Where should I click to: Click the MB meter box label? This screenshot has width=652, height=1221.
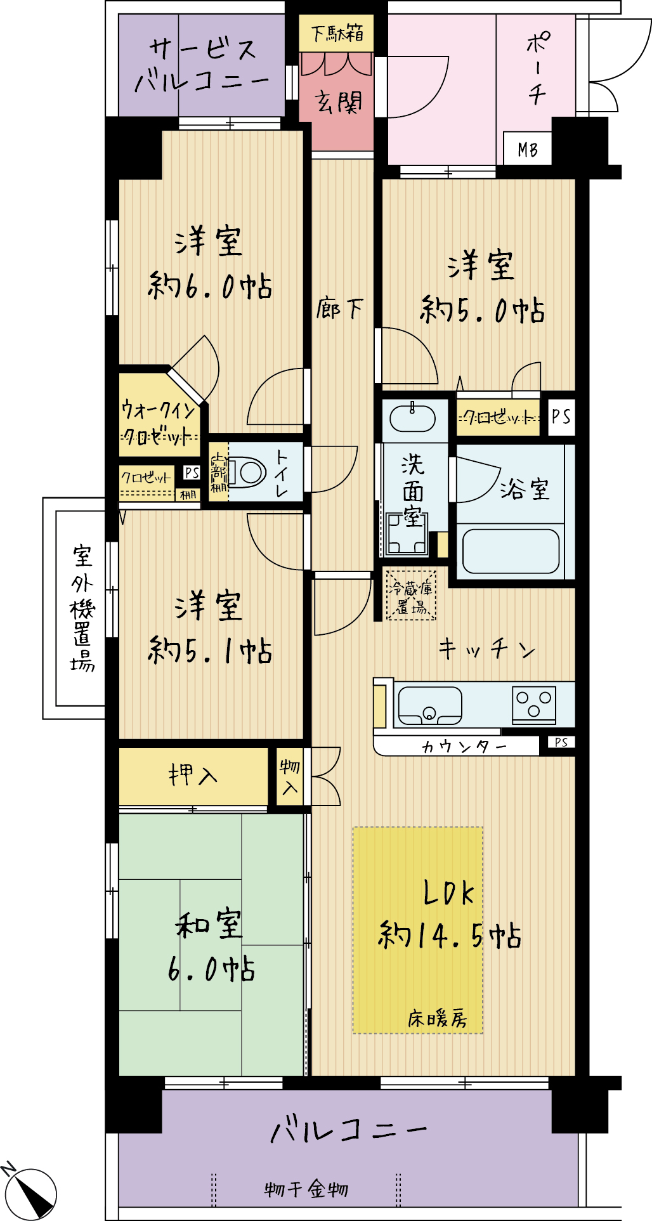(528, 150)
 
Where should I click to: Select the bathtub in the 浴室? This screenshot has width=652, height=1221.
(511, 551)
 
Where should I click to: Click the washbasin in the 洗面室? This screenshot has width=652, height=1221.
(412, 418)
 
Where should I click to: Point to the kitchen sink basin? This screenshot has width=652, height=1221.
(429, 705)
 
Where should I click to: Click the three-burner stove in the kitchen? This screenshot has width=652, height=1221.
(534, 705)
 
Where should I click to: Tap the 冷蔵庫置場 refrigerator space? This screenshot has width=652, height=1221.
(412, 596)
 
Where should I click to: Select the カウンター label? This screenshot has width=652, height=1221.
(464, 746)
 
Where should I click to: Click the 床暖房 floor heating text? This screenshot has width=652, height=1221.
(438, 1019)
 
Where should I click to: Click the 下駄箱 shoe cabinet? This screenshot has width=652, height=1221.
(337, 34)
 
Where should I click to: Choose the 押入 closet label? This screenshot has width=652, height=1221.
(193, 775)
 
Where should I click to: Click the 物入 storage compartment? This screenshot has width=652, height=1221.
(290, 776)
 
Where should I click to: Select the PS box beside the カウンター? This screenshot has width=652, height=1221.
(561, 742)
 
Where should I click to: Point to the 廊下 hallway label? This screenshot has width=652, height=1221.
(340, 309)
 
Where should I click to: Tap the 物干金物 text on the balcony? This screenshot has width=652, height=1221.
(306, 1189)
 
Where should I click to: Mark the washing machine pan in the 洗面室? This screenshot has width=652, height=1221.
(407, 533)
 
